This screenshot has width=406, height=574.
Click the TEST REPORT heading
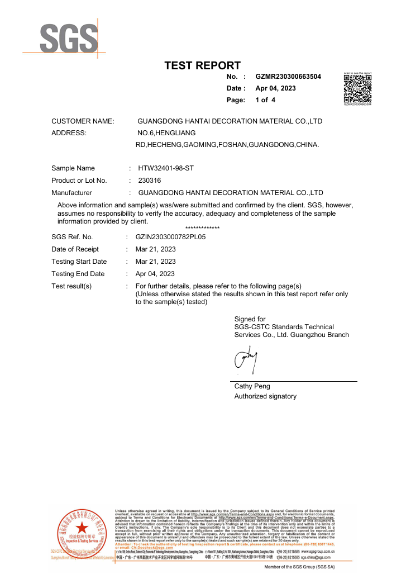(202, 66)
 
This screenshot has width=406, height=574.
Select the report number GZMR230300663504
(288, 77)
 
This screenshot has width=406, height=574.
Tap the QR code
(357, 88)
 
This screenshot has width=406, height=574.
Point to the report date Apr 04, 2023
(275, 88)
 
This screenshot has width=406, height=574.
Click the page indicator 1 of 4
(265, 100)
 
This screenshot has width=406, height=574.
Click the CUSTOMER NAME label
(83, 121)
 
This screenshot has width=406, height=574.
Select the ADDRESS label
(69, 133)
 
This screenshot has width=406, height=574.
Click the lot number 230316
(149, 181)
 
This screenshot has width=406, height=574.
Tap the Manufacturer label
(71, 193)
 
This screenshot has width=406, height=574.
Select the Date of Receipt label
(75, 249)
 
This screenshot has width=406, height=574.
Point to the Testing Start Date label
(79, 262)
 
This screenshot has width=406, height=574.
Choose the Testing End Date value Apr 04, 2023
(155, 274)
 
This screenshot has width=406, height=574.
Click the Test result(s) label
(71, 286)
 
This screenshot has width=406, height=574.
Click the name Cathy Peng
(252, 386)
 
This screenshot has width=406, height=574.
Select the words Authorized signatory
(265, 396)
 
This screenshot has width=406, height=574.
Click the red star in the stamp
(82, 527)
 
